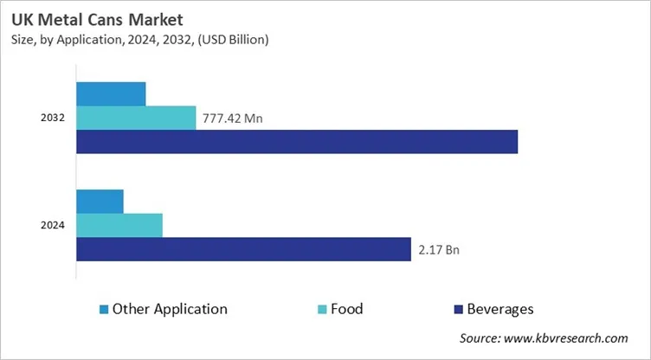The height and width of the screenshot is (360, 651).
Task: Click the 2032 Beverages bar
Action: [297, 142]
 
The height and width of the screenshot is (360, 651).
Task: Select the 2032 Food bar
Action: [136, 118]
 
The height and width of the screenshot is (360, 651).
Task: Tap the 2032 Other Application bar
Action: [111, 93]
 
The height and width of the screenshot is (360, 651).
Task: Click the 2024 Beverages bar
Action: [243, 249]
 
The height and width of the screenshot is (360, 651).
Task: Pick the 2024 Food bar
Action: [119, 225]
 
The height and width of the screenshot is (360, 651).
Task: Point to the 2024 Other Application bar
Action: [100, 201]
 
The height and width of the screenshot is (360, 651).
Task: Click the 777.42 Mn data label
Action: [232, 119]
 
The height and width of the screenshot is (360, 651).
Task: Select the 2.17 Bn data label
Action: [438, 250]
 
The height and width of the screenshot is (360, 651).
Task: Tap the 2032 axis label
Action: [53, 118]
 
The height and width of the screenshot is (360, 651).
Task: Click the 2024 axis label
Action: [53, 225]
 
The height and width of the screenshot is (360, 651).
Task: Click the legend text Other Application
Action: [170, 309]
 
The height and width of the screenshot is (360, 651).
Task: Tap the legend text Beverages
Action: [500, 309]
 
